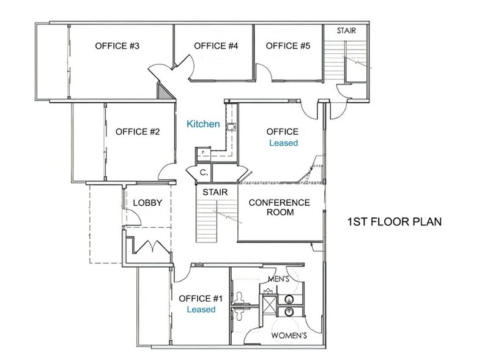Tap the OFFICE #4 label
pos(215,46)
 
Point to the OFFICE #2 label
pos(138,131)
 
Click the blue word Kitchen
pos(203,124)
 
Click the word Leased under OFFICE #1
pos(201,310)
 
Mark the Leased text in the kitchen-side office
pos(283,143)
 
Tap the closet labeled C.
pos(202,173)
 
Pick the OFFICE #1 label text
pos(201,298)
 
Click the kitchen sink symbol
pos(232,127)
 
